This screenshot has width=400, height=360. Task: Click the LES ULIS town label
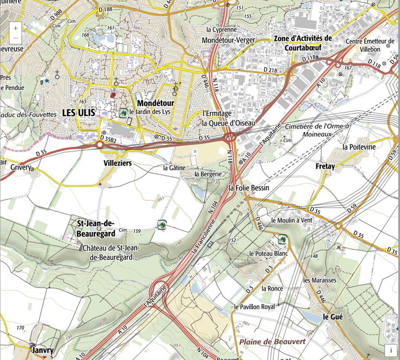(x=78, y=113)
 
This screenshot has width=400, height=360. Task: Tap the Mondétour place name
(x=156, y=103)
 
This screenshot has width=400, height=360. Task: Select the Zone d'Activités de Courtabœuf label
(x=303, y=43)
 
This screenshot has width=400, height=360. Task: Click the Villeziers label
(x=117, y=163)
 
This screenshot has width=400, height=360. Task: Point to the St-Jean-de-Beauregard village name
(x=95, y=228)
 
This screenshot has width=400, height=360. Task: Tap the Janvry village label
(x=42, y=350)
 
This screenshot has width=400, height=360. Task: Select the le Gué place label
(x=332, y=317)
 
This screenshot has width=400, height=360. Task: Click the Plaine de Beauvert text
(x=272, y=341)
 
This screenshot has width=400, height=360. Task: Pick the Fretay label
(x=325, y=166)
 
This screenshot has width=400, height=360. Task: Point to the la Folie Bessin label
(x=249, y=188)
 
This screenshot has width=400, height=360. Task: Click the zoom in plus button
(x=15, y=28)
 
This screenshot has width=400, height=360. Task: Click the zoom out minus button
(x=15, y=38)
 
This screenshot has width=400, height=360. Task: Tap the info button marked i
(x=391, y=350)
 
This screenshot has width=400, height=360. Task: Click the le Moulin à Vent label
(x=292, y=220)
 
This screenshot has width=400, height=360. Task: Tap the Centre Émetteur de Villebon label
(x=370, y=45)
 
